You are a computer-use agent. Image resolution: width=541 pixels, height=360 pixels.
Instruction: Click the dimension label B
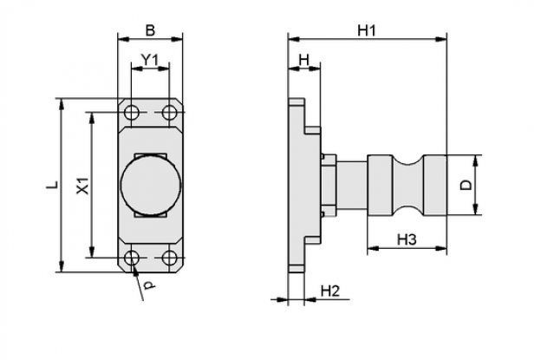click(151, 30)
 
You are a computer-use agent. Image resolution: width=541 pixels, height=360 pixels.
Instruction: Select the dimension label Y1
click(150, 60)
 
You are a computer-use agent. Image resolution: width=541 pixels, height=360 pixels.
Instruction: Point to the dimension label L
click(52, 185)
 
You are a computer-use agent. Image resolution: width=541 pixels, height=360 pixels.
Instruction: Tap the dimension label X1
click(83, 186)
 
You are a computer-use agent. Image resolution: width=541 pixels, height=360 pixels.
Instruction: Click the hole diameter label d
click(149, 285)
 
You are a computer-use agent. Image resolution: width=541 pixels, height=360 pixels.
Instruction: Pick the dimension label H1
click(366, 30)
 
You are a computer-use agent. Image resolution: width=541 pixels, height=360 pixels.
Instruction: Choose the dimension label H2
click(330, 291)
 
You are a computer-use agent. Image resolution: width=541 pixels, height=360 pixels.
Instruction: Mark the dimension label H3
click(407, 239)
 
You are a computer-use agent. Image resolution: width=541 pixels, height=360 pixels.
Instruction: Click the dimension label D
click(466, 186)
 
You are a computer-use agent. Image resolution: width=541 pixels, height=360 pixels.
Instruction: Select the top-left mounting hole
click(132, 112)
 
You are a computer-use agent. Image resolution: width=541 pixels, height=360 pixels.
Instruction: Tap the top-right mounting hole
click(169, 112)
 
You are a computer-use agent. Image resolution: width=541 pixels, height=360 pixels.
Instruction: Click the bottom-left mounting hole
click(132, 258)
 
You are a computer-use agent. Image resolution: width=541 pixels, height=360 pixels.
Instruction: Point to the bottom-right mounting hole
click(169, 258)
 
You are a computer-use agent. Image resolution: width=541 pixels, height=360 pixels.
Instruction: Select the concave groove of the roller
click(407, 185)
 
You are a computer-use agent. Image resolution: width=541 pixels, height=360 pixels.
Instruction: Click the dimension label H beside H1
click(304, 61)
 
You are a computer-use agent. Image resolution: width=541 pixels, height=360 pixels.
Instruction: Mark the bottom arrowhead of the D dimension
click(475, 210)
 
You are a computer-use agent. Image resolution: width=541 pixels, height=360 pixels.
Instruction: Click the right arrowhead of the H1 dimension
click(441, 39)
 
